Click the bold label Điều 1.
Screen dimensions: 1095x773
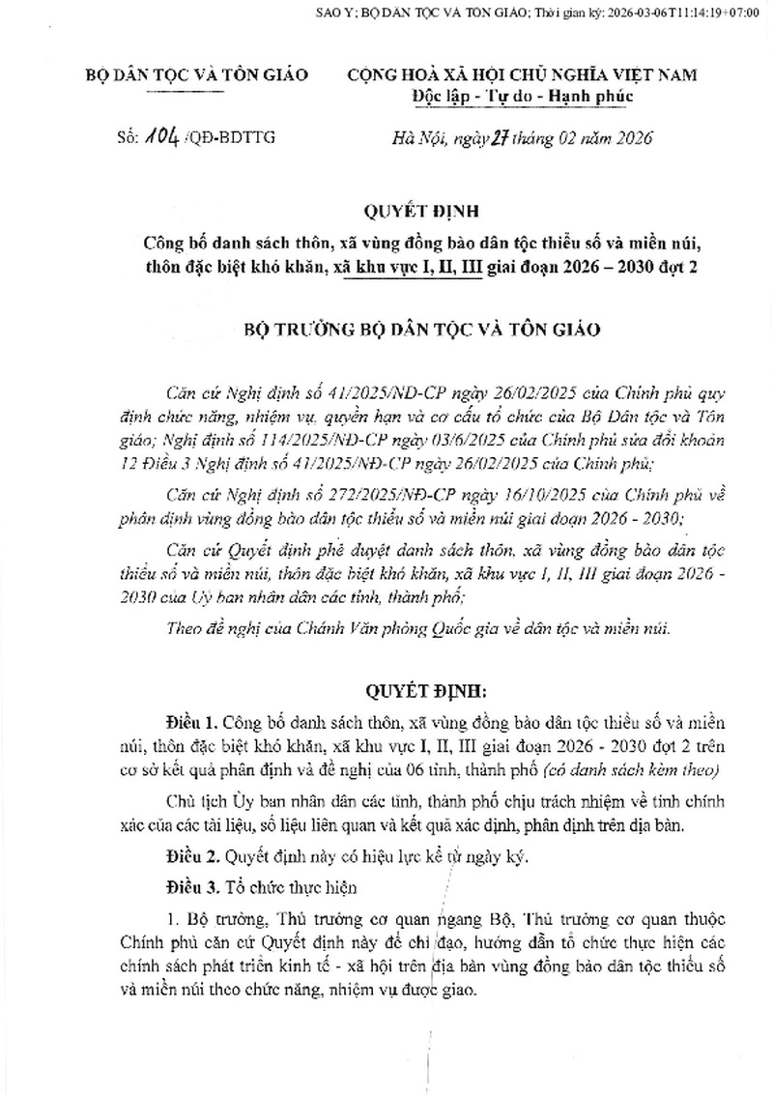[x=191, y=724]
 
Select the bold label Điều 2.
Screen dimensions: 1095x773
[x=191, y=856]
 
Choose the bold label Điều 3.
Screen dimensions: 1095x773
[x=191, y=886]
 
